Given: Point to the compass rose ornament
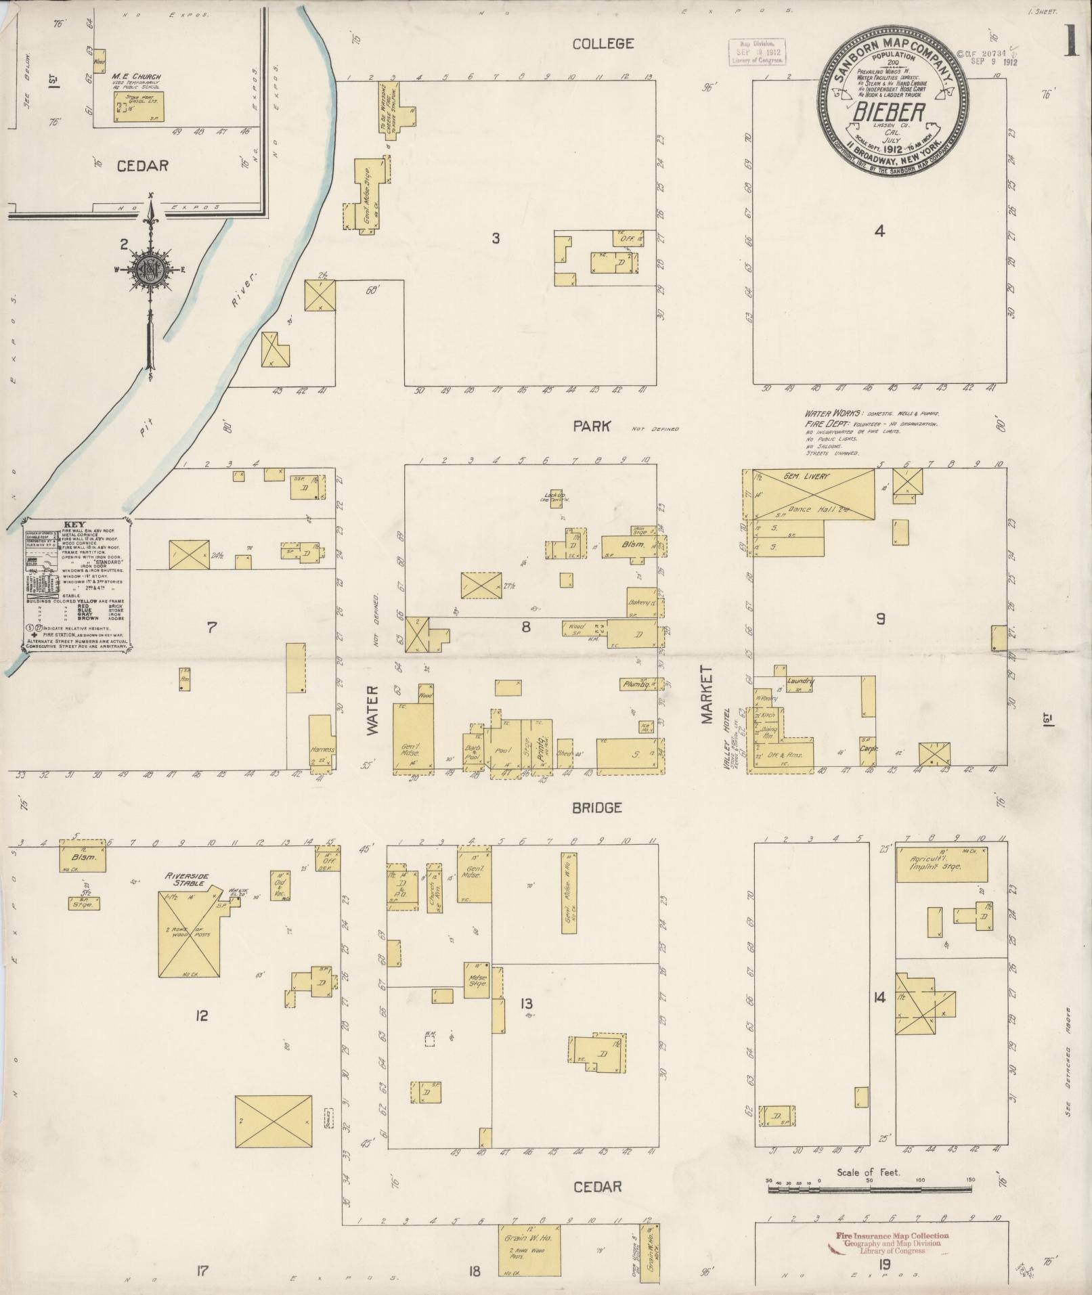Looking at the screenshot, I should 152,269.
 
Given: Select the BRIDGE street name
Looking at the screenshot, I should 596,808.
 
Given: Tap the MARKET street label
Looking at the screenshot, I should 707,695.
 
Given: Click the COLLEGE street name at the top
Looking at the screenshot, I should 603,44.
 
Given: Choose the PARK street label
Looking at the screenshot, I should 592,426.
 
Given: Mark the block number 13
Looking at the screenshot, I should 526,1004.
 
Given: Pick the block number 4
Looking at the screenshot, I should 879,231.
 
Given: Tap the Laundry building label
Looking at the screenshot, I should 800,681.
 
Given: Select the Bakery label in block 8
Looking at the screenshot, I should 639,602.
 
